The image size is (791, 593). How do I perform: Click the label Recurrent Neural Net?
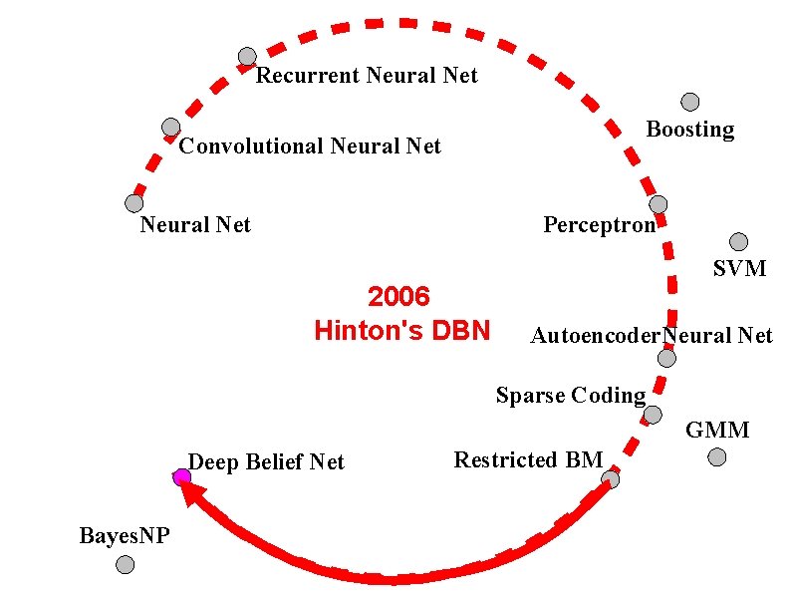[x=367, y=76]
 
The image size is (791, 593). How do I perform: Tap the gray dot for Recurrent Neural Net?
[x=247, y=57]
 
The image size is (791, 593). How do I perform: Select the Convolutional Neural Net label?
[x=310, y=147]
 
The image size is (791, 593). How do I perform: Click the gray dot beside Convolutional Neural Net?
[x=170, y=128]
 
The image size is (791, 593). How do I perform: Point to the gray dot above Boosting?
[x=689, y=102]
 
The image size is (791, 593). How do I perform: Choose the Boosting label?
[x=689, y=130]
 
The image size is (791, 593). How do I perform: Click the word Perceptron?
[x=599, y=224]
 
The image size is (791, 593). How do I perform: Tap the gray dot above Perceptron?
[x=659, y=204]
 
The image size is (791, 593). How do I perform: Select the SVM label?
[x=739, y=268]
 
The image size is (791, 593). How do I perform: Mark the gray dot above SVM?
[x=738, y=241]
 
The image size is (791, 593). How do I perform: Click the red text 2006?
[x=398, y=297]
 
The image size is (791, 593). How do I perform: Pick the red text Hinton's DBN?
[x=401, y=330]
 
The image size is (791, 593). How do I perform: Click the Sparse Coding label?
[x=571, y=396]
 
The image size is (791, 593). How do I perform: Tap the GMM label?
[x=717, y=431]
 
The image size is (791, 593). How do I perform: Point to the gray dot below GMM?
[x=717, y=457]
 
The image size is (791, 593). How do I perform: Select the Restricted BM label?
[x=528, y=460]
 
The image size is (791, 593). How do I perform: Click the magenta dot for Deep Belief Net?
[x=181, y=477]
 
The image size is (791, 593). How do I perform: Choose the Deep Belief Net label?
[x=266, y=462]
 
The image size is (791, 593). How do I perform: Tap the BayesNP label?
[x=125, y=536]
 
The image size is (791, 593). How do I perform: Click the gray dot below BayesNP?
[x=125, y=565]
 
